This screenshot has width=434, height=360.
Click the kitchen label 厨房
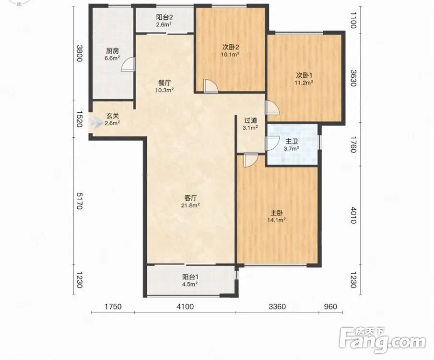pyautogui.click(x=112, y=51)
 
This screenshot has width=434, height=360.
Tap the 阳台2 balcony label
pyautogui.click(x=164, y=17)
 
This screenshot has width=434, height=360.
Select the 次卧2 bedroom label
pyautogui.click(x=231, y=47)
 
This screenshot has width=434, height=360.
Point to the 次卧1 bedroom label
pyautogui.click(x=304, y=75)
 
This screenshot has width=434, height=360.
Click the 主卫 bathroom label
pyautogui.click(x=292, y=142)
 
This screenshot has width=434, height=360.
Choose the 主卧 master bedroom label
pyautogui.click(x=277, y=213)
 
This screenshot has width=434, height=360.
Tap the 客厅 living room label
pyautogui.click(x=191, y=198)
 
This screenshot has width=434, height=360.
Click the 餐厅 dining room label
pyautogui.click(x=164, y=83)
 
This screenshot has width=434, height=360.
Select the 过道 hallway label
pyautogui.click(x=250, y=120)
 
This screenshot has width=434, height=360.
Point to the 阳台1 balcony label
pyautogui.click(x=190, y=277)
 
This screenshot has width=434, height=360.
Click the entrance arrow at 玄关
pyautogui.click(x=95, y=122)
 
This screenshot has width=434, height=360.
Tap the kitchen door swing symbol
pyautogui.click(x=128, y=65)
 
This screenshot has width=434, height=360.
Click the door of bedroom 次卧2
pyautogui.click(x=211, y=86)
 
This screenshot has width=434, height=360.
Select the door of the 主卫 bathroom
pyautogui.click(x=272, y=144)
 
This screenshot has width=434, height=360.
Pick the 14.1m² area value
pyautogui.click(x=277, y=220)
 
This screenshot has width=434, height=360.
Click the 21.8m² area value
pyautogui.click(x=191, y=205)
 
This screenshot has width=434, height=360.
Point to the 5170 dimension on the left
pyautogui.click(x=79, y=201)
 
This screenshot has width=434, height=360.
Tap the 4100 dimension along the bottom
pyautogui.click(x=185, y=307)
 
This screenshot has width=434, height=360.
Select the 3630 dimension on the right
pyautogui.click(x=353, y=78)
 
